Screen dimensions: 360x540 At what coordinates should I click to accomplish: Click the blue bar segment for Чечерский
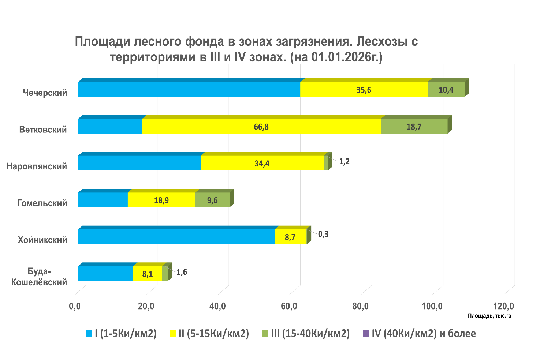[x=189, y=89]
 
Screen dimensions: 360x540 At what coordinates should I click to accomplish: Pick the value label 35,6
[x=364, y=90]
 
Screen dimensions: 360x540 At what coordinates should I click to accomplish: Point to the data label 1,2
[x=344, y=162]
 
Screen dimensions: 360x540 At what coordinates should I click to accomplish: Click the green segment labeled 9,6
[x=212, y=200]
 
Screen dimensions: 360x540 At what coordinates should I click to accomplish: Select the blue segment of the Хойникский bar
[x=176, y=237]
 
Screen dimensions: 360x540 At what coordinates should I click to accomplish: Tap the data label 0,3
[x=323, y=234]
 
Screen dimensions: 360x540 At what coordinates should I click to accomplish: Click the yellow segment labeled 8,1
[x=147, y=274]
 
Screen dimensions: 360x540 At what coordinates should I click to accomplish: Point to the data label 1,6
[x=182, y=272]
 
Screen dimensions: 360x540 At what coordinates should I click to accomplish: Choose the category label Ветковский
[x=43, y=130]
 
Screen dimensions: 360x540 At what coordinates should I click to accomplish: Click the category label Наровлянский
[x=37, y=166]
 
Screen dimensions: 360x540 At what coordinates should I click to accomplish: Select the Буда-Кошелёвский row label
[x=39, y=277]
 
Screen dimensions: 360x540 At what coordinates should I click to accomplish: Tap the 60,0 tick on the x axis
[x=289, y=306]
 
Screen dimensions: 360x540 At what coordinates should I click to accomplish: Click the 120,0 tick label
[x=503, y=306]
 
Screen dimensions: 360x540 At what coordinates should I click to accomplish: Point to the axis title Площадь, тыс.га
[x=489, y=316]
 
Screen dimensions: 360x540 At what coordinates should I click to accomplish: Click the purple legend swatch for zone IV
[x=365, y=334]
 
